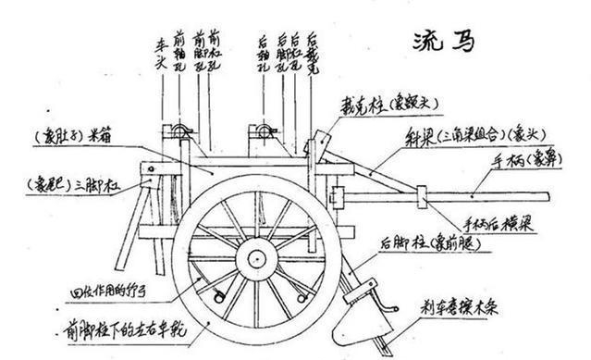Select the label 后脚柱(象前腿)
(427, 242)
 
